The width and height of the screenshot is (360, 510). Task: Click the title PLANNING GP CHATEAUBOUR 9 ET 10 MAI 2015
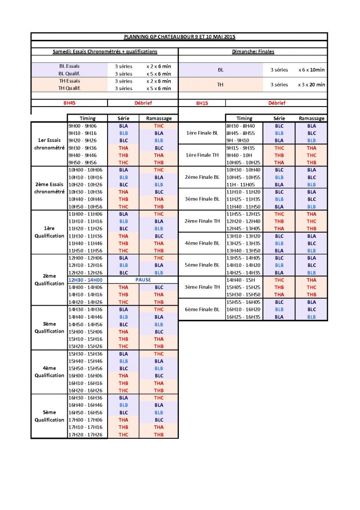[179, 37]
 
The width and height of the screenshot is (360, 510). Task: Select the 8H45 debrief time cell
[69, 103]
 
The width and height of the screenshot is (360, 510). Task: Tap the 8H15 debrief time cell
[201, 103]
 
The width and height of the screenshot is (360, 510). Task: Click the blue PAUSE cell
[143, 280]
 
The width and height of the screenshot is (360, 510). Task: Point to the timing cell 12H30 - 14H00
[85, 280]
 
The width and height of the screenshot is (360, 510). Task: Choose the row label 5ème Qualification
[49, 416]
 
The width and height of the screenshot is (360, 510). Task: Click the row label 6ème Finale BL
[202, 309]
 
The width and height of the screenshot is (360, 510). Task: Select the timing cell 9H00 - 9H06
[83, 126]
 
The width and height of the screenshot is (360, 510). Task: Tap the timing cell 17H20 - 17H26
[85, 434]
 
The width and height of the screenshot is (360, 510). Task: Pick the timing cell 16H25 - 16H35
[243, 317]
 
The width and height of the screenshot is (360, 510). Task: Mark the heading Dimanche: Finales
[253, 51]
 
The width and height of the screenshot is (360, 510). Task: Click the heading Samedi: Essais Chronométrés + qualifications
[105, 51]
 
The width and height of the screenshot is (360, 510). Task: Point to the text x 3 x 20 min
[312, 85]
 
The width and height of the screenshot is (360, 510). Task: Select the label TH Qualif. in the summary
[69, 88]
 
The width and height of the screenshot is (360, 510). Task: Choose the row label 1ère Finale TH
[202, 155]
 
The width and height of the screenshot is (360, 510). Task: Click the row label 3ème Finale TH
[202, 287]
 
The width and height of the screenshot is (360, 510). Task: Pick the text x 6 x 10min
[312, 70]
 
